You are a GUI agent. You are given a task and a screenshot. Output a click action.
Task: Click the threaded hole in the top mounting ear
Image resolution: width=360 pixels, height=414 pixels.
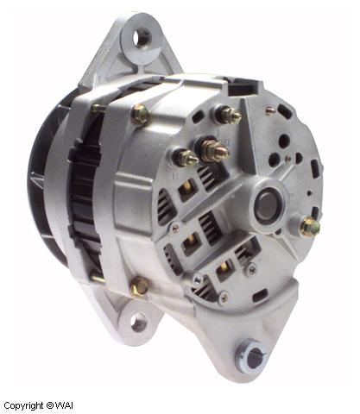[142, 36]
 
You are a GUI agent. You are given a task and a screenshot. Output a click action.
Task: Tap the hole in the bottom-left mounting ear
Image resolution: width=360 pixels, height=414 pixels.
[138, 323]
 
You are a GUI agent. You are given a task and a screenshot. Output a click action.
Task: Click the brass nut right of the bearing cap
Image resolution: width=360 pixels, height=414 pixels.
[308, 227]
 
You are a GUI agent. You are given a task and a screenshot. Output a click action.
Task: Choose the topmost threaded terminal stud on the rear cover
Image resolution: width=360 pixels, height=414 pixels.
[229, 114]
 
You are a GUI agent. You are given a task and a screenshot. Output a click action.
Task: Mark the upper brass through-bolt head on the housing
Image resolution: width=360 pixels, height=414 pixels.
[138, 114]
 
